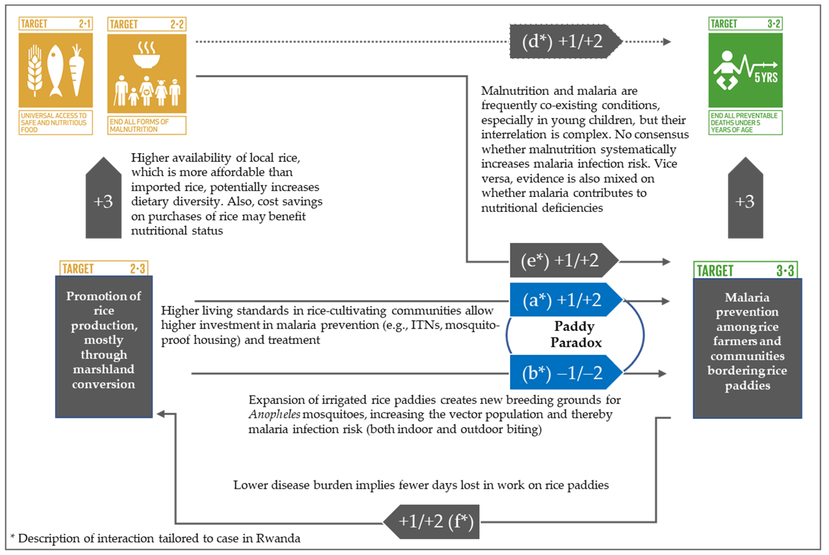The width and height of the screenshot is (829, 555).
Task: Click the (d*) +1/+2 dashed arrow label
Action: (563, 41)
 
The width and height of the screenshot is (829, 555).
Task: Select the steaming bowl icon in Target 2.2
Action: (146, 55)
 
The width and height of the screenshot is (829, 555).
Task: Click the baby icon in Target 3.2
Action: (726, 71)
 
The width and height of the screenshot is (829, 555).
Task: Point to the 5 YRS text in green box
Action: (766, 77)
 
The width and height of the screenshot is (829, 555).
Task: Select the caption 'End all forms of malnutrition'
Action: (146, 125)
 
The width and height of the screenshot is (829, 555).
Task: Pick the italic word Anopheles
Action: (275, 414)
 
